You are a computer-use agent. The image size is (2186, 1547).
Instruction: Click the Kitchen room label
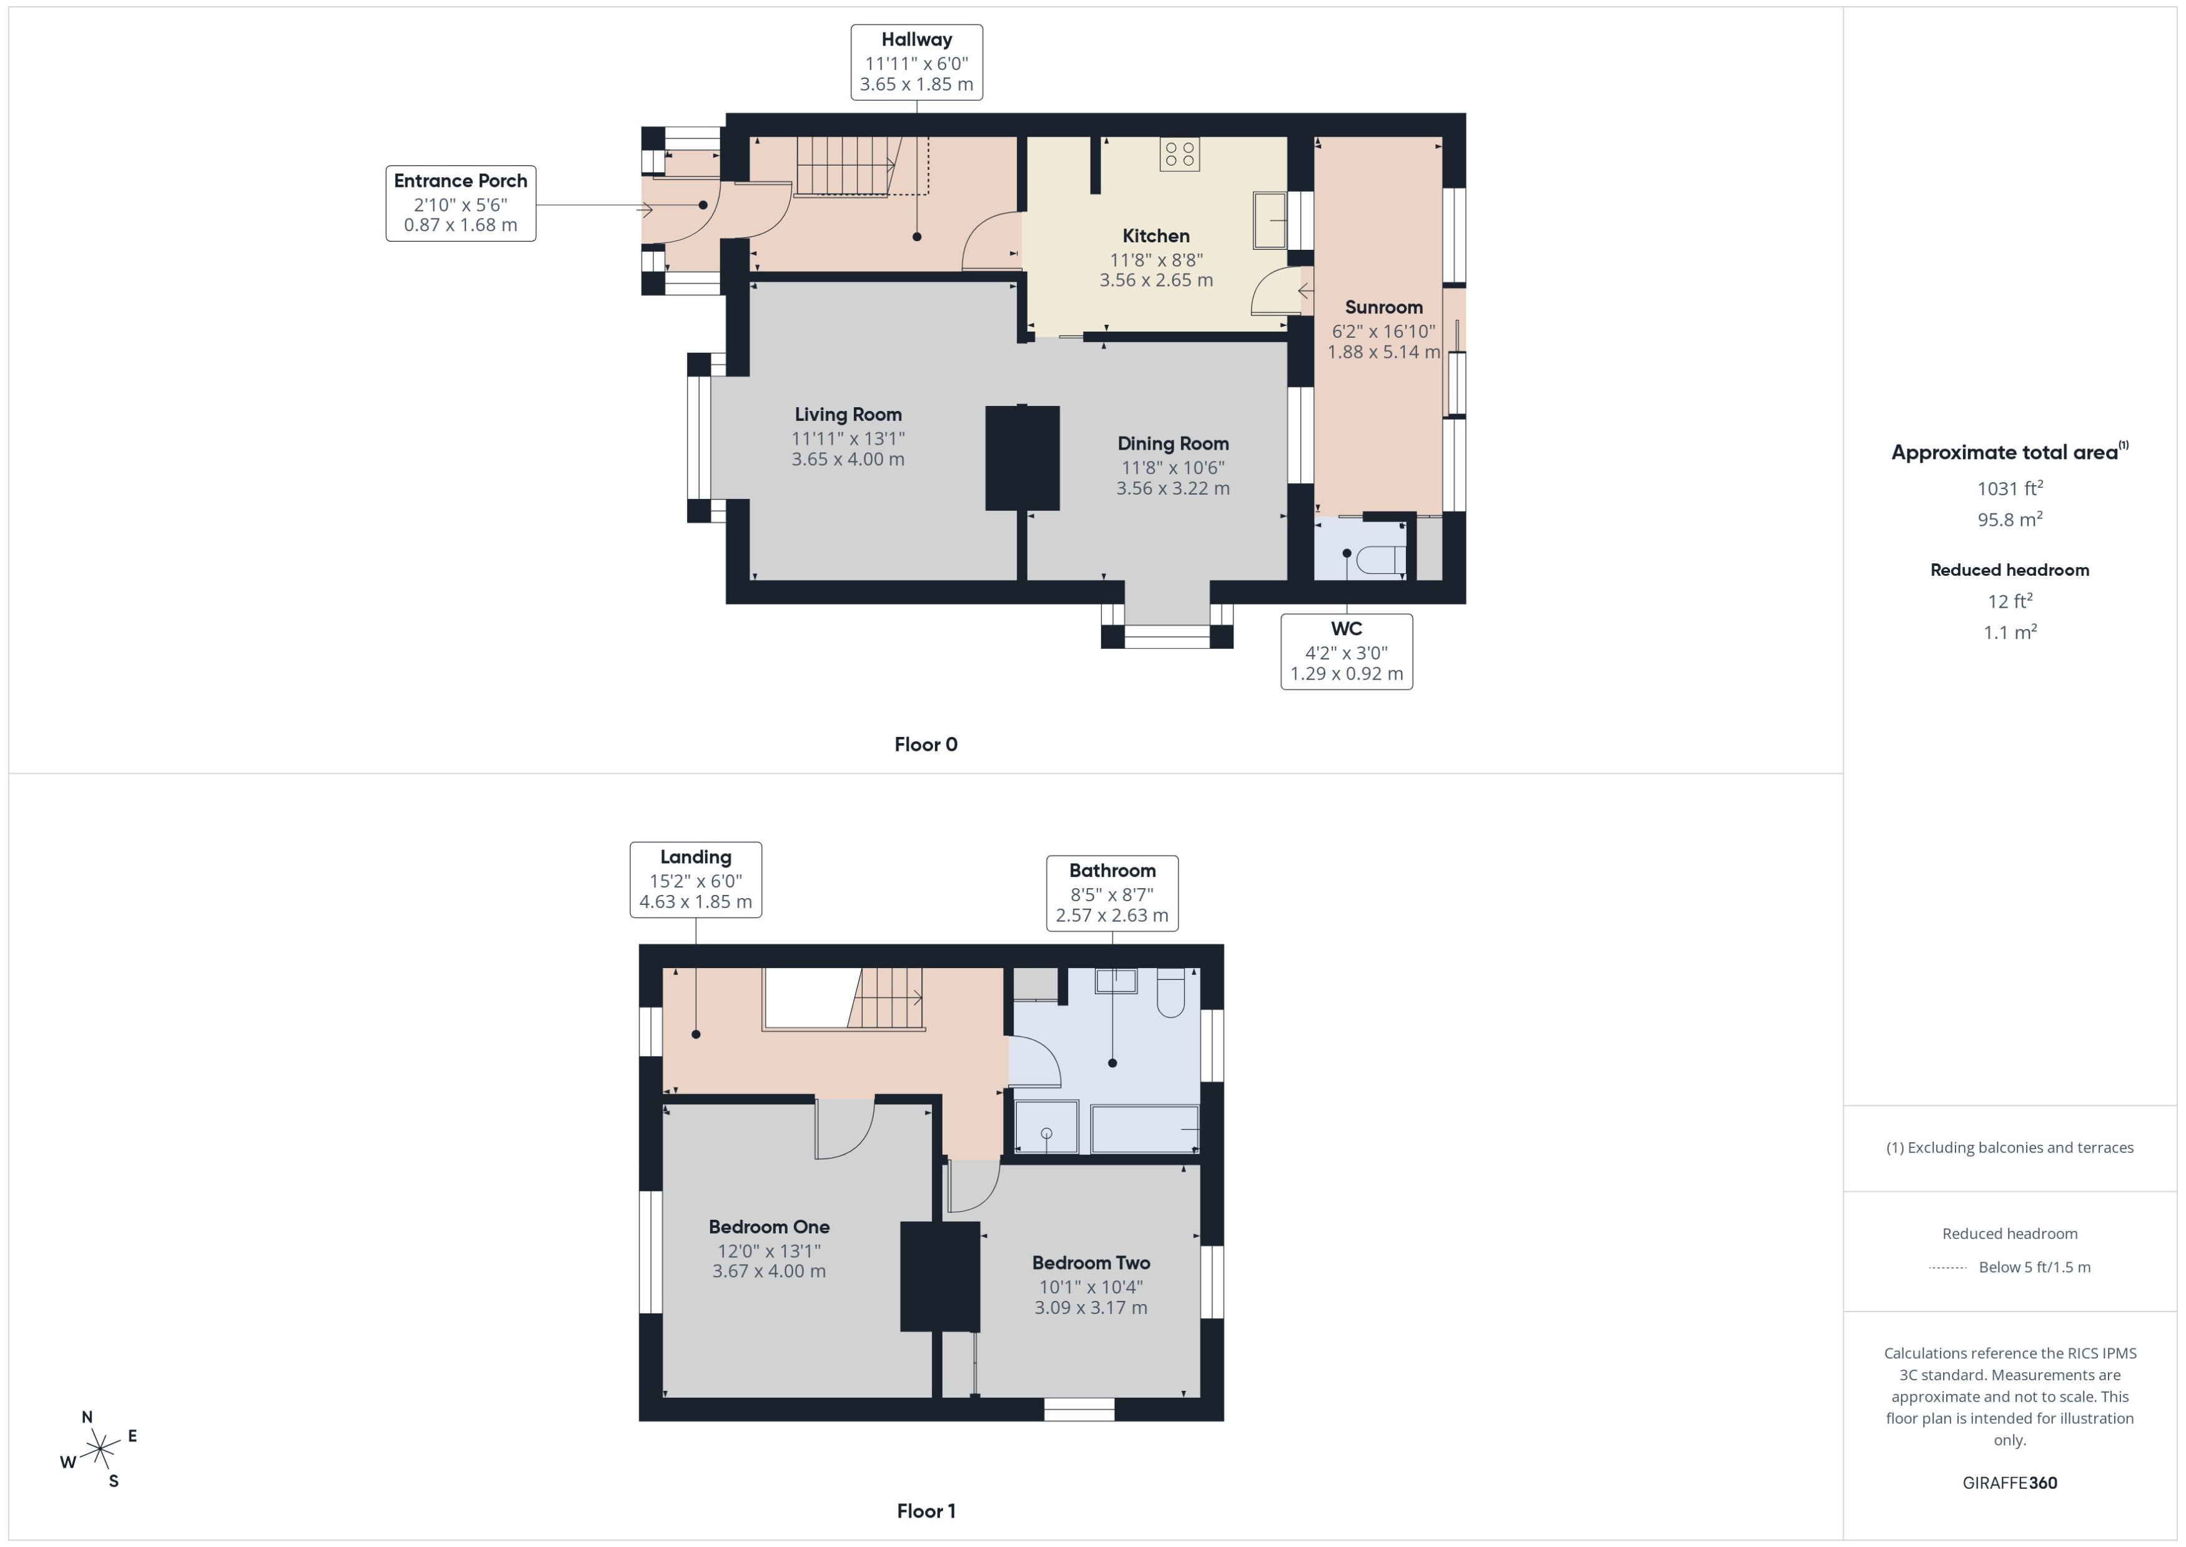point(1155,236)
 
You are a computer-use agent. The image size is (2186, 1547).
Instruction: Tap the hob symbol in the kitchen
point(1179,154)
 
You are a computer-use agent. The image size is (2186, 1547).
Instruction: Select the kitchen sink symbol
point(1269,220)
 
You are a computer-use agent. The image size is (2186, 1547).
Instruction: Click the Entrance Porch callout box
point(460,203)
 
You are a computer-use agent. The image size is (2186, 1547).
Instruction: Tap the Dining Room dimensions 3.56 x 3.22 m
point(1172,488)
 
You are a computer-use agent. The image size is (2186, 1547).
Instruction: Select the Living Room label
point(848,414)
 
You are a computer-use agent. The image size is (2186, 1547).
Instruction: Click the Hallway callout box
point(916,62)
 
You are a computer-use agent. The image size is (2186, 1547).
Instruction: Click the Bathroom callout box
point(1112,892)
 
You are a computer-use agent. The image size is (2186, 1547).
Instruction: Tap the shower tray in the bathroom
point(1046,1127)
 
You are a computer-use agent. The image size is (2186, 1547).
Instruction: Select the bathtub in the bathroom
point(1144,1129)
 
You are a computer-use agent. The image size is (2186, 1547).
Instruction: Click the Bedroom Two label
point(1091,1263)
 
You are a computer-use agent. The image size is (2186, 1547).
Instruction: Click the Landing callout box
point(695,879)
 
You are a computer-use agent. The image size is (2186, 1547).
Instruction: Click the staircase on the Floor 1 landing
point(886,998)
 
